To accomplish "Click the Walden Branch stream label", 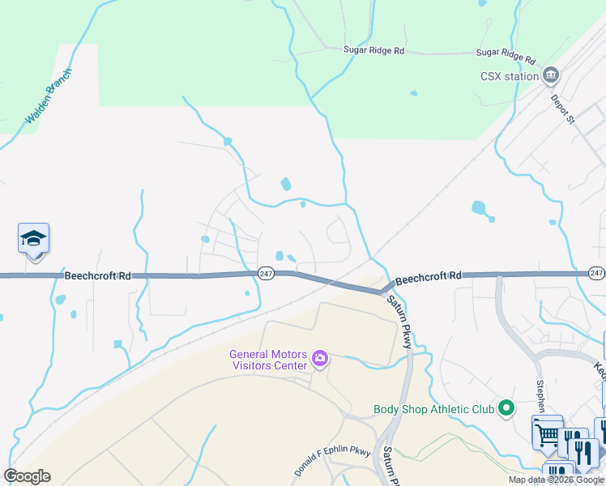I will point(49,96).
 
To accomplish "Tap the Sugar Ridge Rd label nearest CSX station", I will point(506,56).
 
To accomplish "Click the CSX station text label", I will point(509,77).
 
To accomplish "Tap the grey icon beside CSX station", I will point(552,76).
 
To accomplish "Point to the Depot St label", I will point(562,107).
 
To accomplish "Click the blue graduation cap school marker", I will point(33,239).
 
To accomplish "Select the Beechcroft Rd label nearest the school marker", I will point(96,276).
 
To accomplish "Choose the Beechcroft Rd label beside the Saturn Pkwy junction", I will point(429,277).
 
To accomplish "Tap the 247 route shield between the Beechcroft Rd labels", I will point(267,274).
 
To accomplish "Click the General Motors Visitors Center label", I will point(269,359).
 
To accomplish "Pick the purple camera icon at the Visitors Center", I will point(320,358).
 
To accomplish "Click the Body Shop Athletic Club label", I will point(433,408).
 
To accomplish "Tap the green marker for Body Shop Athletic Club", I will point(507,407).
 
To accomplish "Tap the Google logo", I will point(27,476).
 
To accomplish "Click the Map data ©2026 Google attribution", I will point(556,480).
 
